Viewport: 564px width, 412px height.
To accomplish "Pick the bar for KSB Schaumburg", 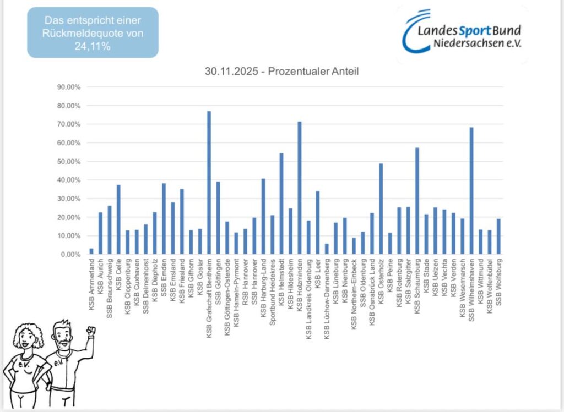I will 417,201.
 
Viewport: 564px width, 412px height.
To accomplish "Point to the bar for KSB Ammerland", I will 91,251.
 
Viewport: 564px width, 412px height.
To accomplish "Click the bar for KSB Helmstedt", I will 281,204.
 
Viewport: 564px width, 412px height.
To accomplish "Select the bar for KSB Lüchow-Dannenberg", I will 327,249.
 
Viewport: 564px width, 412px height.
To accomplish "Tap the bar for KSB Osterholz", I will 381,209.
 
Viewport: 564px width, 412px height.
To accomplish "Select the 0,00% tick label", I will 70,254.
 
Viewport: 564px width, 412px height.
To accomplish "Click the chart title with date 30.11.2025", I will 281,72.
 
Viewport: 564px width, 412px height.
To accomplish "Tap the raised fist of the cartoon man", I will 91,332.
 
